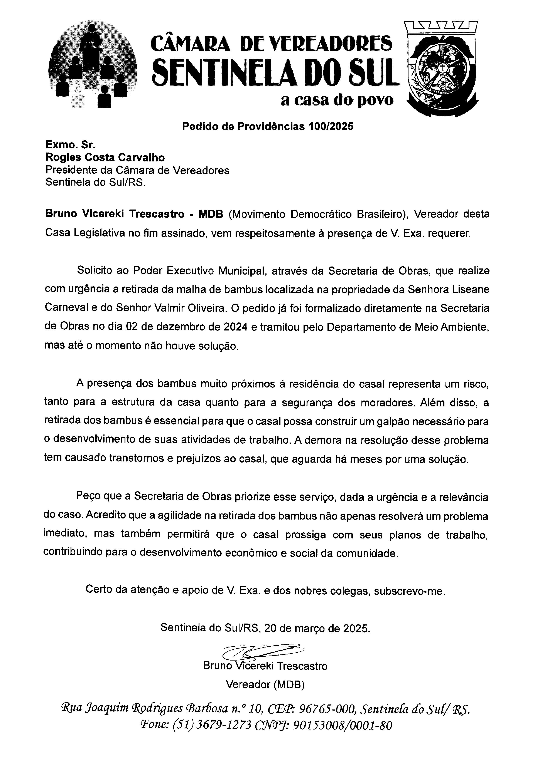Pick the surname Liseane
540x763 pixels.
click(x=471, y=289)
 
